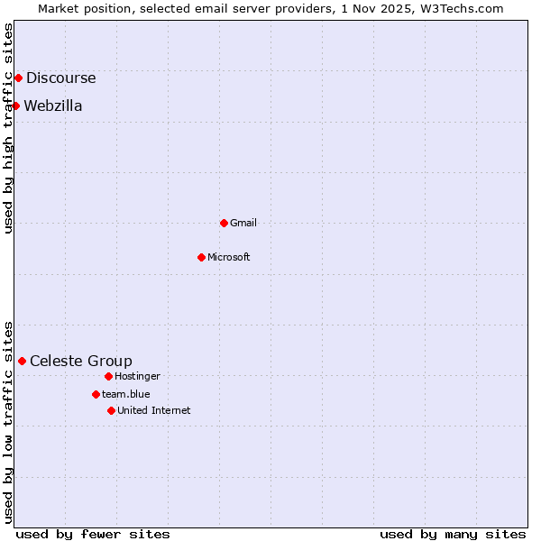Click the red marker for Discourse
(x=18, y=78)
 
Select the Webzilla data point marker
(x=15, y=105)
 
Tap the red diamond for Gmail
(x=224, y=223)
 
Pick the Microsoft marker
(x=201, y=257)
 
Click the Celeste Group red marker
(x=22, y=361)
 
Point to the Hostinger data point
(x=108, y=376)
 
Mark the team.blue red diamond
(x=96, y=394)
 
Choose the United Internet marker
(x=111, y=410)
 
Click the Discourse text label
(x=60, y=78)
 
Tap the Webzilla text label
(x=53, y=106)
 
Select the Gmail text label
(x=243, y=223)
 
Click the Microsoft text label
(x=229, y=257)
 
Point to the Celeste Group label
(x=81, y=362)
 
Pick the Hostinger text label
(x=137, y=376)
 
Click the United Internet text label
(x=154, y=410)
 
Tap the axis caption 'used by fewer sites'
(x=93, y=534)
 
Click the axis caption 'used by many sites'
(x=453, y=534)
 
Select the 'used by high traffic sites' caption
(x=8, y=128)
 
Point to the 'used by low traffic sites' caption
(x=8, y=422)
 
